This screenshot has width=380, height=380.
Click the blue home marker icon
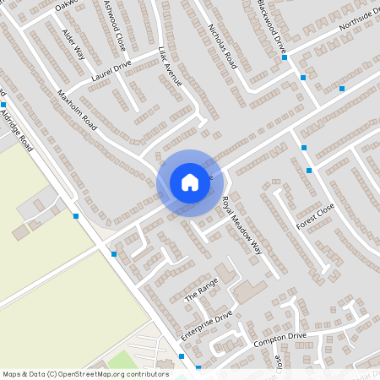click(189, 182)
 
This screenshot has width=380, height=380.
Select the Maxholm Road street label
click(78, 104)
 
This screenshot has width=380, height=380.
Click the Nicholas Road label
click(221, 42)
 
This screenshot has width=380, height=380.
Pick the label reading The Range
click(201, 292)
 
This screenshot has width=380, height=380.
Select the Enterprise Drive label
click(206, 326)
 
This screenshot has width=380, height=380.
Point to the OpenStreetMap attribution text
click(86, 373)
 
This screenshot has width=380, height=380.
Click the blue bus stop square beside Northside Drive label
click(342, 88)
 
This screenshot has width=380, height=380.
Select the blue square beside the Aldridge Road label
click(4, 104)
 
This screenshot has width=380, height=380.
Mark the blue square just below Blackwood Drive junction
click(303, 78)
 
